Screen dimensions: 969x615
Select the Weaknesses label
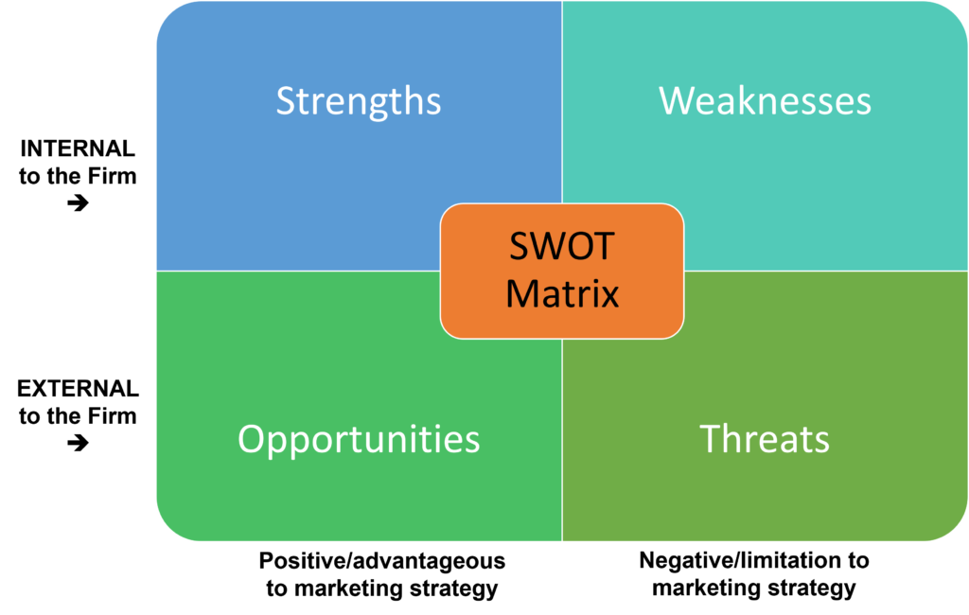tap(765, 100)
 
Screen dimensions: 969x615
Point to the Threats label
tap(765, 439)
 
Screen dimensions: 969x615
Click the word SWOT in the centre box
tap(562, 246)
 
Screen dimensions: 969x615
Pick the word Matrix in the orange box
tap(562, 293)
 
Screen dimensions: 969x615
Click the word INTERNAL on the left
tap(78, 149)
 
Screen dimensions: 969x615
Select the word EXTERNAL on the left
tap(78, 389)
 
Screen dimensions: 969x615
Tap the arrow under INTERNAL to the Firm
tap(78, 202)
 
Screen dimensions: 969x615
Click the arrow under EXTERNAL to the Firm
tap(78, 443)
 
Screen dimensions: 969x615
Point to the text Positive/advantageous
tap(382, 561)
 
